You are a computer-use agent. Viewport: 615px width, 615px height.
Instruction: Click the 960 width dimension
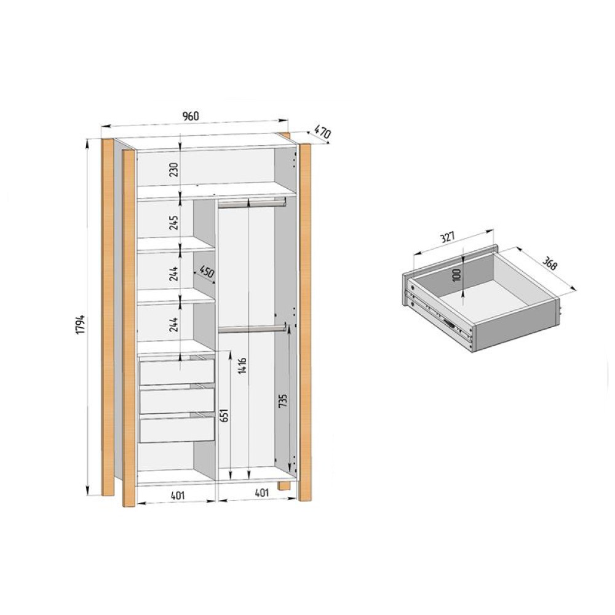point(191,116)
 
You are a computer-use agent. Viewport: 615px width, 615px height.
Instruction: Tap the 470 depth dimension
point(322,132)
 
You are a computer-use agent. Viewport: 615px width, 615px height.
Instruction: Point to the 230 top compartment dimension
point(174,169)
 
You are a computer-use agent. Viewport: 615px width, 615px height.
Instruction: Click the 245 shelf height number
point(174,223)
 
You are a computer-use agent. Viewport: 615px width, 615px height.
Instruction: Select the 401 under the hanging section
point(261,493)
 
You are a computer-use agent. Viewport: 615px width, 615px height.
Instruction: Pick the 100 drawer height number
point(456,274)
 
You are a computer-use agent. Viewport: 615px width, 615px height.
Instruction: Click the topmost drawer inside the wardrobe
point(177,371)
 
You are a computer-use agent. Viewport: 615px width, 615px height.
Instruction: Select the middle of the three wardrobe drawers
point(177,400)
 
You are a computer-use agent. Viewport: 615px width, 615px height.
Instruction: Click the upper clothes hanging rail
point(252,202)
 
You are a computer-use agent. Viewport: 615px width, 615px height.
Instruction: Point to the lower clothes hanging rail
point(252,329)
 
